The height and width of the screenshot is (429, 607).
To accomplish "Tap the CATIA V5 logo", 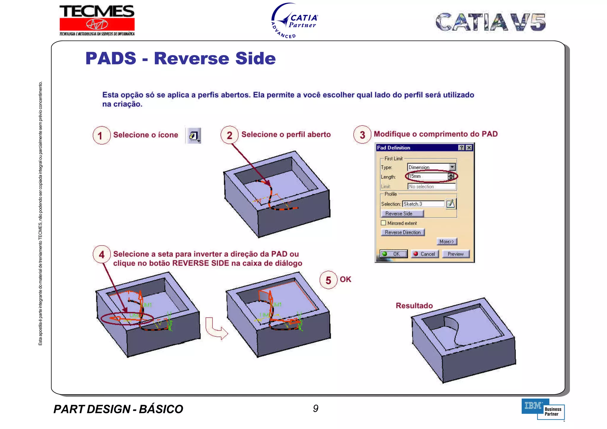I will (491, 22).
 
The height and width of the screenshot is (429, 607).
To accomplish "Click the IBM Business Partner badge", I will (543, 409).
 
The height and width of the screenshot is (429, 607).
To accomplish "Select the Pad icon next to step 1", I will (193, 136).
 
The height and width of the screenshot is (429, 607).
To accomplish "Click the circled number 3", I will (362, 135).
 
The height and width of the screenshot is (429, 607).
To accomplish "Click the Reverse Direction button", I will (402, 232).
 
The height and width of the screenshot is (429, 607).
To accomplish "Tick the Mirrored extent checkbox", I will (384, 223).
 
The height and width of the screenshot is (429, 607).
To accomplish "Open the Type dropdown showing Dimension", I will (452, 167).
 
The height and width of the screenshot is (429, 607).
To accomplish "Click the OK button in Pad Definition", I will (394, 254).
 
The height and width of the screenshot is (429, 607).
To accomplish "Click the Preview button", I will (456, 254).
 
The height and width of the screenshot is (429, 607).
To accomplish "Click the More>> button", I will (447, 241).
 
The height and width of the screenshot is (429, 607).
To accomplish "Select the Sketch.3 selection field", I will (423, 204).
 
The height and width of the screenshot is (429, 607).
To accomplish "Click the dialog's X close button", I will (469, 148).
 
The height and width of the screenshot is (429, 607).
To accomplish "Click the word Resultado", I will (414, 306).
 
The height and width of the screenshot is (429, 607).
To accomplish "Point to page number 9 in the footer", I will (316, 409).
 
